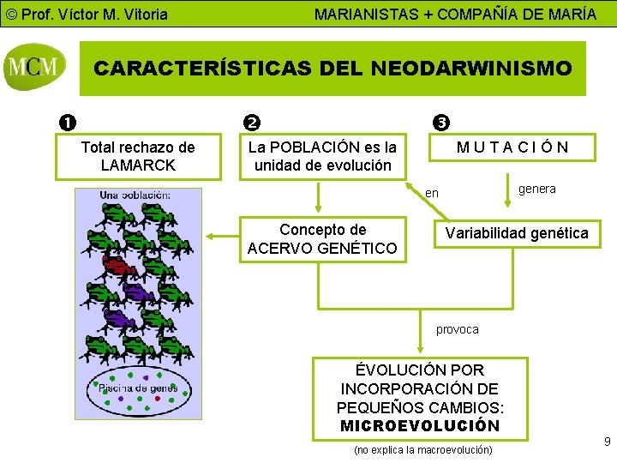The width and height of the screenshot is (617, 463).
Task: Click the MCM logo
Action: click(34, 68)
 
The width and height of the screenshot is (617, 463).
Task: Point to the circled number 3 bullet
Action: click(440, 123)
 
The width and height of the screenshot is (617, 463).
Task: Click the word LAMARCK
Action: click(137, 165)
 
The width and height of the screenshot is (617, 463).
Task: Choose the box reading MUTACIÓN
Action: click(512, 147)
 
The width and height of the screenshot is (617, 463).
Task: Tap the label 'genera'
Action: click(537, 189)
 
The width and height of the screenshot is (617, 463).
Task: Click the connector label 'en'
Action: click(432, 194)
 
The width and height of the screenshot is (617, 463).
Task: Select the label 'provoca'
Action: click(458, 329)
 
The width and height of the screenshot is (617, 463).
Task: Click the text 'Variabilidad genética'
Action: click(515, 233)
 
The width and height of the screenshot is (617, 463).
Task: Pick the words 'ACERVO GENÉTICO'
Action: click(322, 249)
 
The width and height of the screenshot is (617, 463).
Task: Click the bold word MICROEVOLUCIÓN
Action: click(420, 425)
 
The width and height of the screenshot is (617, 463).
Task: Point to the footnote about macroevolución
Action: click(423, 449)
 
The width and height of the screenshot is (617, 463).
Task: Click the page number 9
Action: click(607, 442)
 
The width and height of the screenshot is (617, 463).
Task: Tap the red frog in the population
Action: click(116, 262)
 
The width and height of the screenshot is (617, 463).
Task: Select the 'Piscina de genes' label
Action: click(138, 388)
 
